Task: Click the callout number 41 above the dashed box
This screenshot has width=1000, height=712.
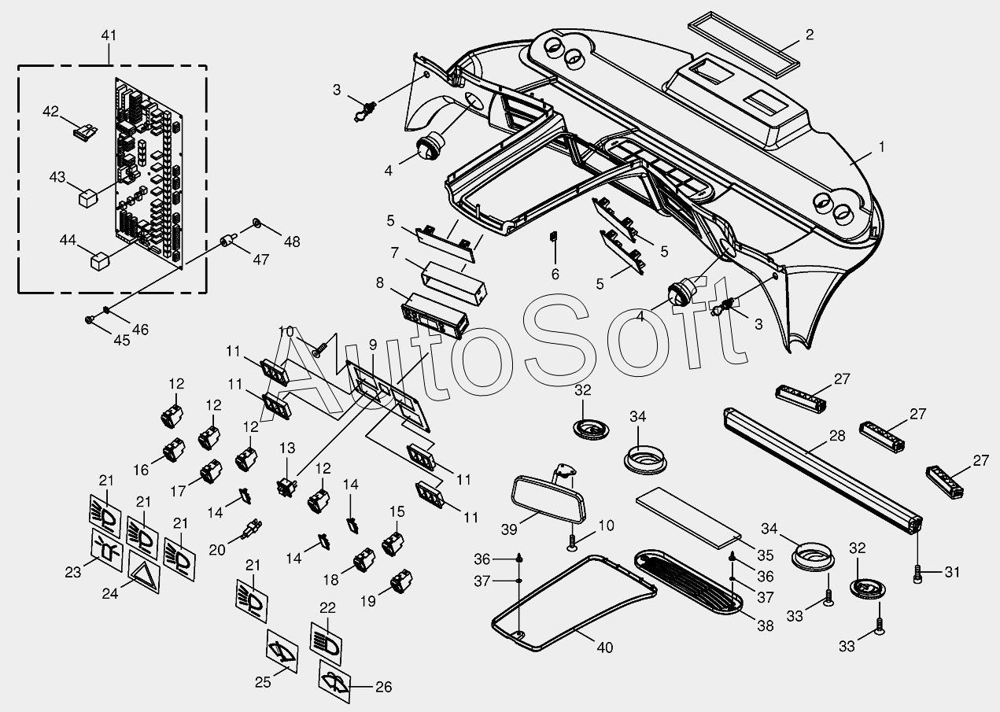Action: point(109,35)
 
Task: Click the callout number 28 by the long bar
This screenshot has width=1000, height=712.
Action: point(836,435)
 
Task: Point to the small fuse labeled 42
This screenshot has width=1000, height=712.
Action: point(84,131)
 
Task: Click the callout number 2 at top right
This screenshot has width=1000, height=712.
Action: point(810,35)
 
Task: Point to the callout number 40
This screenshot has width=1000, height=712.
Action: point(604,647)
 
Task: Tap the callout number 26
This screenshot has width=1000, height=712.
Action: point(382,687)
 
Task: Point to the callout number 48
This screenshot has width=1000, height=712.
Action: point(292,242)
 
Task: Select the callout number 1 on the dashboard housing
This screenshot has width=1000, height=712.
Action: point(882,146)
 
